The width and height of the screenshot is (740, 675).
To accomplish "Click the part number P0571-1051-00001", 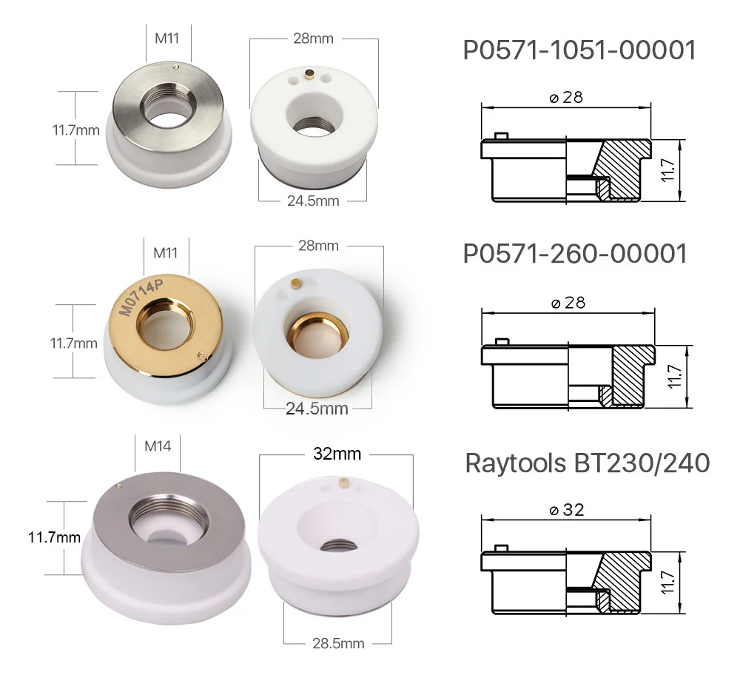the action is tap(579, 50).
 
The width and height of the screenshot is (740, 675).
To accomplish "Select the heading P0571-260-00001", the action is tap(575, 254).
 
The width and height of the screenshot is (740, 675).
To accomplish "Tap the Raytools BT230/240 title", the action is tap(587, 463).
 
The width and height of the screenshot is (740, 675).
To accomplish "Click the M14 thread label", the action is tap(158, 446).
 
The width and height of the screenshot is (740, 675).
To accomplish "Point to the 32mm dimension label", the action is tap(337, 454).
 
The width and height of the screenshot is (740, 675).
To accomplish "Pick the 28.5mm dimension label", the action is tap(338, 643).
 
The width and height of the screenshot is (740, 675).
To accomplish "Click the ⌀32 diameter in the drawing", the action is tap(567, 510).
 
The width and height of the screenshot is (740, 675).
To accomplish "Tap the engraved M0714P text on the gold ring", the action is tap(141, 297).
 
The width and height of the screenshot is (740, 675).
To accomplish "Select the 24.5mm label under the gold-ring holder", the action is tap(317, 409).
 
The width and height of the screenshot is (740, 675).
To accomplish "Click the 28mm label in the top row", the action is tap(313, 38).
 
